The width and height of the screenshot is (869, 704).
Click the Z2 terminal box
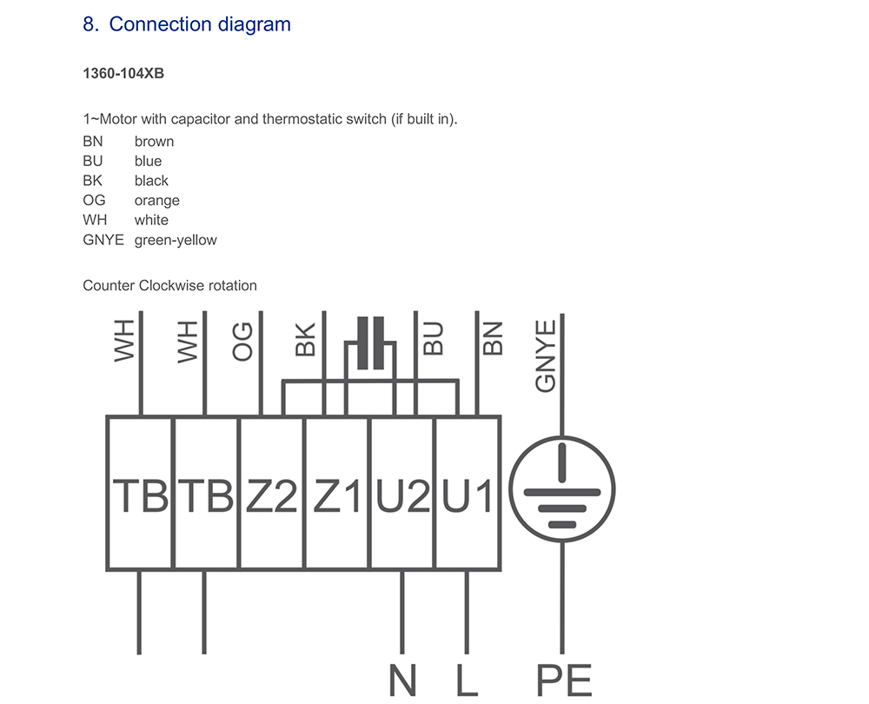[271, 494]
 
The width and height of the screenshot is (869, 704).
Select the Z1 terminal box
[337, 494]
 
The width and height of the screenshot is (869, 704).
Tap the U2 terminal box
[402, 494]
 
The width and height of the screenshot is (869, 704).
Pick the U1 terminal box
[468, 494]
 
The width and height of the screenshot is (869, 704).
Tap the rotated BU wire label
[433, 340]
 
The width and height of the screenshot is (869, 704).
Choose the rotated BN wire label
[493, 340]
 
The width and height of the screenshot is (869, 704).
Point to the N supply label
[402, 681]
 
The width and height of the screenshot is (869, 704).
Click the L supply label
[468, 681]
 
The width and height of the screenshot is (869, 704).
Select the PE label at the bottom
[563, 681]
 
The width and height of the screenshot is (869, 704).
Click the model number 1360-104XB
[123, 73]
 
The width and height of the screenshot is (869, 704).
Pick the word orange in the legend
[157, 201]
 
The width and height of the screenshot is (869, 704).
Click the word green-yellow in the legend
[176, 240]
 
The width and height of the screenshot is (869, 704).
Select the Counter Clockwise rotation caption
[169, 285]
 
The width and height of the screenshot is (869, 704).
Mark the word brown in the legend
[154, 142]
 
